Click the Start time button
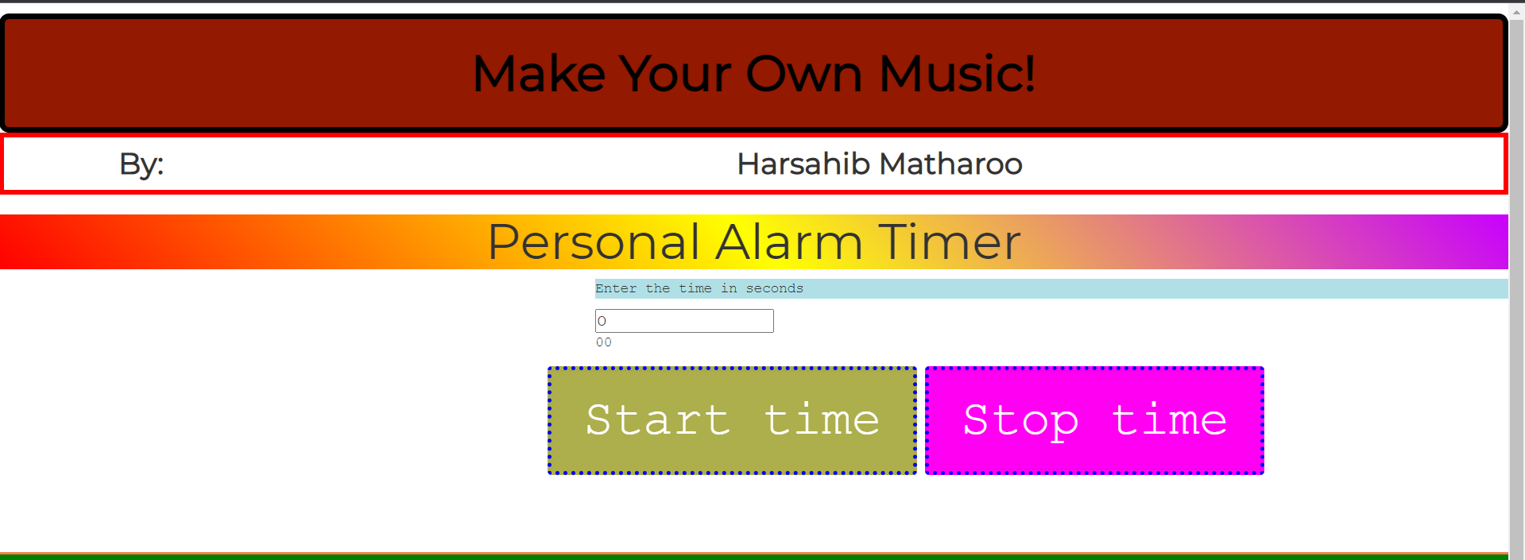pyautogui.click(x=732, y=420)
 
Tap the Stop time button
pyautogui.click(x=1094, y=420)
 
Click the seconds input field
pyautogui.click(x=684, y=321)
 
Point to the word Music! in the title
pyautogui.click(x=957, y=74)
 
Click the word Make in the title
pyautogui.click(x=539, y=74)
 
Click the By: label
pyautogui.click(x=141, y=164)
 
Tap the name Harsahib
pyautogui.click(x=803, y=164)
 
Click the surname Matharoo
pyautogui.click(x=951, y=164)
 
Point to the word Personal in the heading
pyautogui.click(x=594, y=242)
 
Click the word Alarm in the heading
pyautogui.click(x=788, y=242)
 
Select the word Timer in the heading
pyautogui.click(x=950, y=242)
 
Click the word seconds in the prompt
pyautogui.click(x=774, y=288)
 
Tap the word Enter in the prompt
pyautogui.click(x=616, y=288)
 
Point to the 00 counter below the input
pyautogui.click(x=604, y=342)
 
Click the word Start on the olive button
pyautogui.click(x=658, y=420)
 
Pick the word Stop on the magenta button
pyautogui.click(x=1021, y=420)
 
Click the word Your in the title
pyautogui.click(x=675, y=74)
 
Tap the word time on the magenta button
pyautogui.click(x=1169, y=420)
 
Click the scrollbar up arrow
pyautogui.click(x=1516, y=12)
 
